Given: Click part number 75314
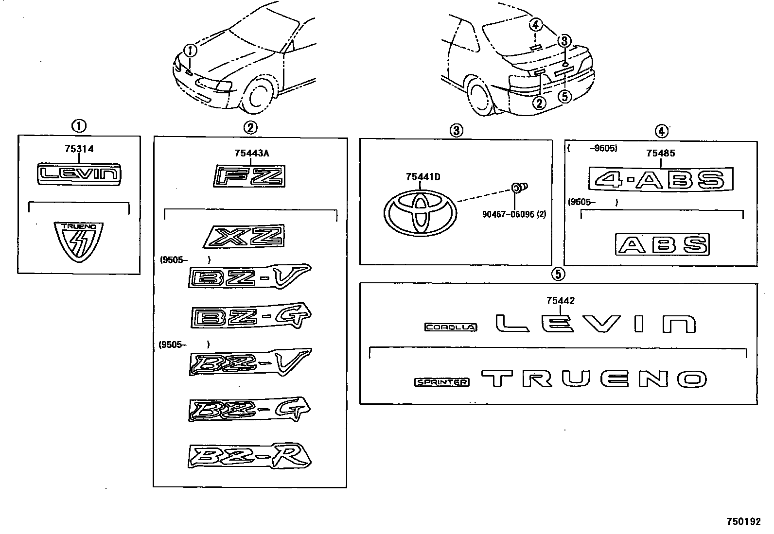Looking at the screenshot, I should pyautogui.click(x=79, y=149).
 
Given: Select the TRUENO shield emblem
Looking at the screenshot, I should pyautogui.click(x=79, y=241).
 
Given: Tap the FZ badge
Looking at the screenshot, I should pyautogui.click(x=249, y=176).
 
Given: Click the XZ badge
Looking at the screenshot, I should pyautogui.click(x=245, y=237).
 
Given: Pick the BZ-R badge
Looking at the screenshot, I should pyautogui.click(x=249, y=457).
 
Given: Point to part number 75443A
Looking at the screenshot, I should pyautogui.click(x=251, y=154).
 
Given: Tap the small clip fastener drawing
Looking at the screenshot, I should pyautogui.click(x=519, y=186).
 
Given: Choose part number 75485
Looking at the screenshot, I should pyautogui.click(x=661, y=154).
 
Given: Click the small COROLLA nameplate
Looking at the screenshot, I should pyautogui.click(x=451, y=327).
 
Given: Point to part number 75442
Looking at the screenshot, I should pyautogui.click(x=560, y=301).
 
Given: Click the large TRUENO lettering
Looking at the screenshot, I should pyautogui.click(x=594, y=379).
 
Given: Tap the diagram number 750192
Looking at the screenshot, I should pyautogui.click(x=743, y=522).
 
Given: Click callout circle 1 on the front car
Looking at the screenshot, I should pyautogui.click(x=191, y=50).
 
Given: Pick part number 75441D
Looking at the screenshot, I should pyautogui.click(x=423, y=177).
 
